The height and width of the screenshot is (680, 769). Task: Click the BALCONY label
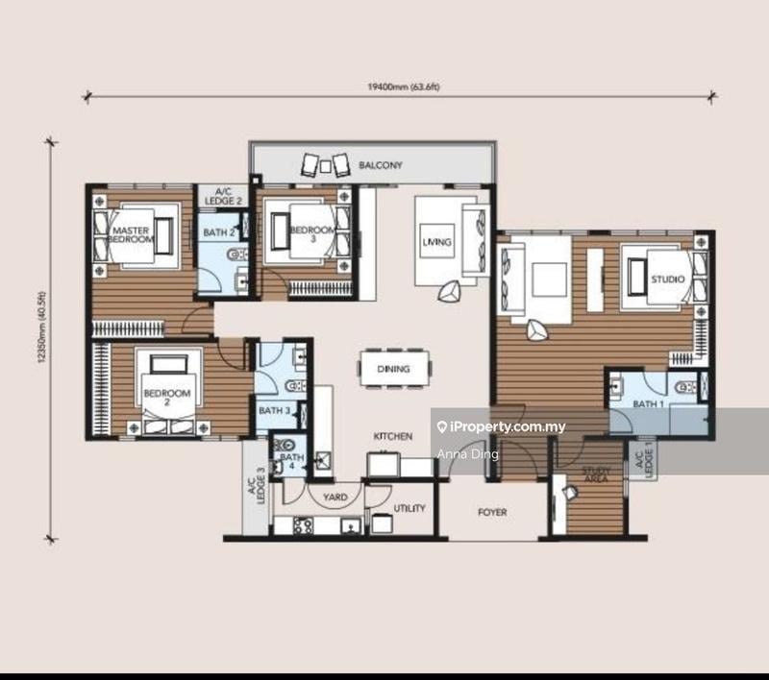380,165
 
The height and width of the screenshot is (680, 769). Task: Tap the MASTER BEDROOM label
133,235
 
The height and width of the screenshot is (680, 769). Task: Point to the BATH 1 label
648,404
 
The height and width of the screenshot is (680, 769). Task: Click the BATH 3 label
274,411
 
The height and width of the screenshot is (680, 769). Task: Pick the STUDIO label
667,279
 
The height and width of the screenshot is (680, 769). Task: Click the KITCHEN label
393,436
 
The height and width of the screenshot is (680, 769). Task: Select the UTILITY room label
409,509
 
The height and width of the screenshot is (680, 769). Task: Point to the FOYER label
492,513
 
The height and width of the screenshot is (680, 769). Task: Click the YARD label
335,498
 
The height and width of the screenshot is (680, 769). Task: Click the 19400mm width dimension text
396,86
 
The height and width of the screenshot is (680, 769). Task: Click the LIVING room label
435,242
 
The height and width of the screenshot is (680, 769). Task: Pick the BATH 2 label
218,232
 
